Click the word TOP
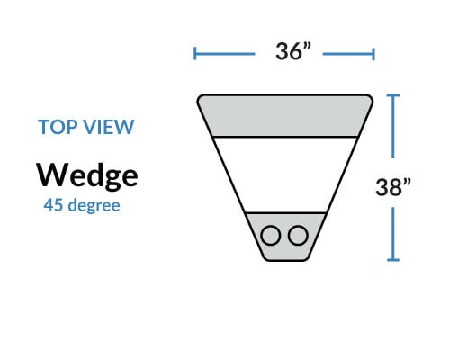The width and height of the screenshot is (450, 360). coord(58,127)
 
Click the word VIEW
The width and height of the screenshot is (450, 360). coord(109,127)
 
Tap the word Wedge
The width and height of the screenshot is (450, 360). coord(87,176)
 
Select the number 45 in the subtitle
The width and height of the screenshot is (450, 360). coord(53,205)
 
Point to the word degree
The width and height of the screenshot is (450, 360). coord(94,206)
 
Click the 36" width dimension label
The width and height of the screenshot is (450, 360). coord(293,51)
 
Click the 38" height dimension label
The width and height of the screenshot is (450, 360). coord(393,187)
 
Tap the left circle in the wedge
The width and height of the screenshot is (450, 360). coord(271,236)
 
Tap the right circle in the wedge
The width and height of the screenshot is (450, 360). coord(298,236)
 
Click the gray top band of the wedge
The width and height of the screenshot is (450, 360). coord(284,116)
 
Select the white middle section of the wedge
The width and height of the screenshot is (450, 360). coord(284,175)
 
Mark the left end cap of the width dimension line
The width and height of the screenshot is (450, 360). coord(195,54)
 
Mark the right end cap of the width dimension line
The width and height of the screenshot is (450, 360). coord(373,54)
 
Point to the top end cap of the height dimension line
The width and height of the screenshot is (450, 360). coord(393,95)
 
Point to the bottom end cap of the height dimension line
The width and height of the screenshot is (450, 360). coord(393,260)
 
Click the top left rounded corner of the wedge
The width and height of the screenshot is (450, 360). coord(199,97)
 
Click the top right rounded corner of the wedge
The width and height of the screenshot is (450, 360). coord(371,97)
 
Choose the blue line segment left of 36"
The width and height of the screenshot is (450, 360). coord(225,54)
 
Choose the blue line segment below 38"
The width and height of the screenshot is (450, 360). coord(393,234)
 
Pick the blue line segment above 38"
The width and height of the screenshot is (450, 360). coord(393,126)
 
